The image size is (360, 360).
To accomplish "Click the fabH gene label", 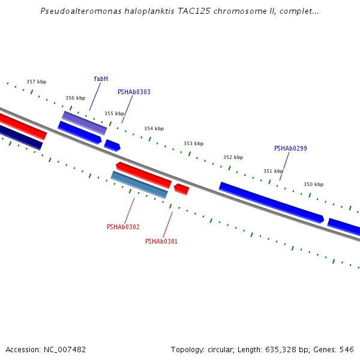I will coord(101,79).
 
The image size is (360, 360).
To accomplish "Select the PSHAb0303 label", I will coord(134,92).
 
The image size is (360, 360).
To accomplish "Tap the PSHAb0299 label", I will coord(290,149).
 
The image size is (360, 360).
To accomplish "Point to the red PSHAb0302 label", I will coord(123,227).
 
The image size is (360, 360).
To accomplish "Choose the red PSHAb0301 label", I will coord(161,242).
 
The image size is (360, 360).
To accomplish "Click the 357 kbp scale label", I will coord(36,82).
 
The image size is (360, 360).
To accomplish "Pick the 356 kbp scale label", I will coord(75,98).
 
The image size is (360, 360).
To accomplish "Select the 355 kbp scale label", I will coord(114,113).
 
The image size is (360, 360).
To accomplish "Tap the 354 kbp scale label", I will coord(154,129).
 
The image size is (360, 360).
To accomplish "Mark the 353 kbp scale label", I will coord(193,144).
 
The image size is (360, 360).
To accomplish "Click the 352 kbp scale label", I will coord(233,158).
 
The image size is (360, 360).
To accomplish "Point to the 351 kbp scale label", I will coord(273,172).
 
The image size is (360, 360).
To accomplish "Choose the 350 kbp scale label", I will coord(313,185).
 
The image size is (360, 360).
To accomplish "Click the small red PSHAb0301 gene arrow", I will coord(181,190).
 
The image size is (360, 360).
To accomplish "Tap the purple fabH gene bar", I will coord(84,122).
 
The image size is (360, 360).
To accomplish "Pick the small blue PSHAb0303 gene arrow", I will coord(112,145).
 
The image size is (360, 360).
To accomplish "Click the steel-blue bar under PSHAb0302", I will coord(139,184).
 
